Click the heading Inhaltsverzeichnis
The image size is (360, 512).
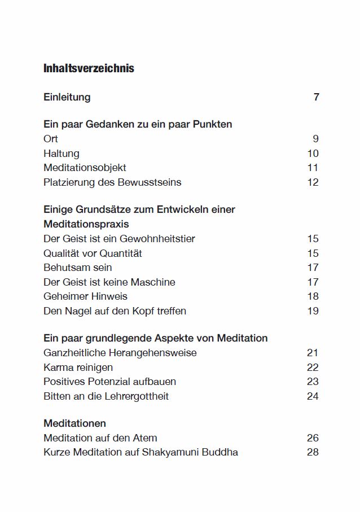(89, 68)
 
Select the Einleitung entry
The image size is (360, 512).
(67, 97)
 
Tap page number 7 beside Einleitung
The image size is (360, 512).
(316, 97)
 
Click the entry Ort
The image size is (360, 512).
(51, 139)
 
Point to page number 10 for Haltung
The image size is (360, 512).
(313, 154)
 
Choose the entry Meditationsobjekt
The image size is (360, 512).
(85, 168)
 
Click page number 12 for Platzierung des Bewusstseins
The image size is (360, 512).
(313, 182)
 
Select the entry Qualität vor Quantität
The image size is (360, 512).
(93, 253)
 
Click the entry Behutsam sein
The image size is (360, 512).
(77, 268)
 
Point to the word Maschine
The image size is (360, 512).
(153, 282)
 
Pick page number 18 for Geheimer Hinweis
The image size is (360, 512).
(313, 296)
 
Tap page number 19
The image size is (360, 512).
(313, 311)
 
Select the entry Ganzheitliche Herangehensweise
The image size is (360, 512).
(120, 353)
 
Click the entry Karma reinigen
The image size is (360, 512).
(78, 367)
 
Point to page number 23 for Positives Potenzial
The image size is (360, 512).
(313, 382)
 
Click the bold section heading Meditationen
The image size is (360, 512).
(74, 423)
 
